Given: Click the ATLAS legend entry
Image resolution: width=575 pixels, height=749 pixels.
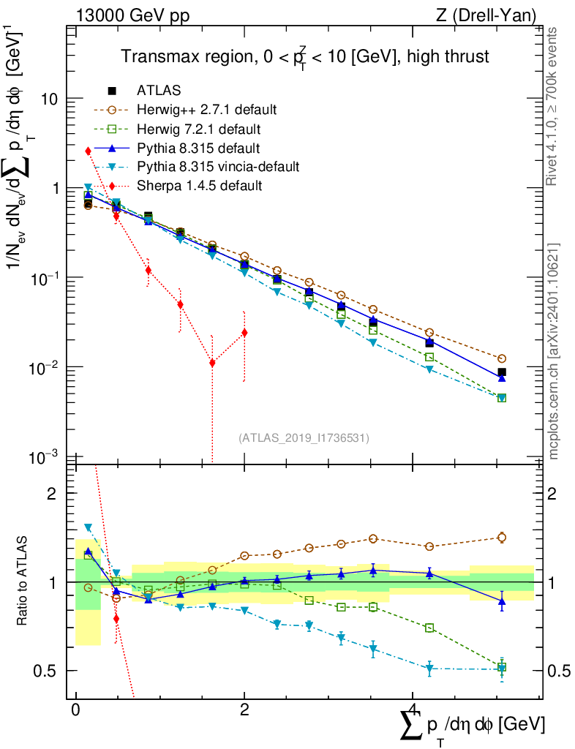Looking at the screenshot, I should [x=159, y=91].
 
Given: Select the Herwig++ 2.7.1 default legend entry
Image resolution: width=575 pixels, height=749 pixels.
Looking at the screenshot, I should [x=206, y=110].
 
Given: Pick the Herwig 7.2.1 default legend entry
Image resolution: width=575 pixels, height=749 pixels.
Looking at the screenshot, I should [x=198, y=129].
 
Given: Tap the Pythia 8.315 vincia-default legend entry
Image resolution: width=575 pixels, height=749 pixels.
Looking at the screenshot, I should [x=217, y=167].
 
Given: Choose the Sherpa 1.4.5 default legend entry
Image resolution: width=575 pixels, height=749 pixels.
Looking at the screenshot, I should [x=198, y=186].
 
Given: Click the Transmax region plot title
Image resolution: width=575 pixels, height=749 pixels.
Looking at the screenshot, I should [x=304, y=57].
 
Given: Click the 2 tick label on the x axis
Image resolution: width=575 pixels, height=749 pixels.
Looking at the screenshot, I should [x=244, y=710].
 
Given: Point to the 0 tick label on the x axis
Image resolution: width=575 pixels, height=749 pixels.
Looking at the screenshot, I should [x=75, y=710].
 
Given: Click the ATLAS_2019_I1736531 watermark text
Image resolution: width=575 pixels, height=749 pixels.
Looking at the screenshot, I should [x=304, y=438].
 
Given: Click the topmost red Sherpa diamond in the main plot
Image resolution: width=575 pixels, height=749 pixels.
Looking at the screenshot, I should [x=88, y=151].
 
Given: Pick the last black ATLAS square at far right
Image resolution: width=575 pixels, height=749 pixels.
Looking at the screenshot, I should [x=502, y=372].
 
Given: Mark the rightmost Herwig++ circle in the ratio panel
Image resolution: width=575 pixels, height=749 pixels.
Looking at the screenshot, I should [x=502, y=538].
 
